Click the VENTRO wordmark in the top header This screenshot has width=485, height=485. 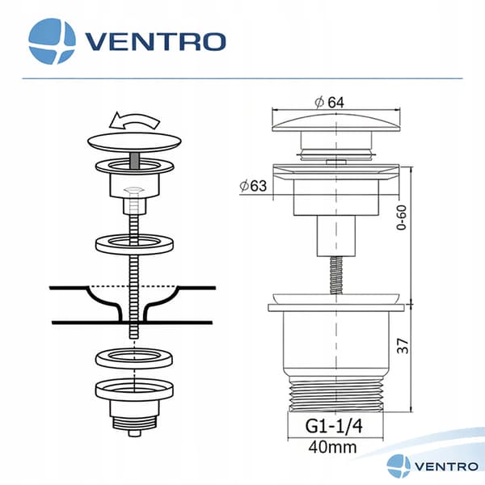point(155,41)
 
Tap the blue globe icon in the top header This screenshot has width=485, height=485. point(52,41)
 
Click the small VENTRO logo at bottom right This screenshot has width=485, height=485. point(432,466)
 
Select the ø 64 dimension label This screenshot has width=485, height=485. point(329,103)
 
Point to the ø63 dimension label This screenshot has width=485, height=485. point(253,186)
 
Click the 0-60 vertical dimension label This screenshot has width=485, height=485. point(402,217)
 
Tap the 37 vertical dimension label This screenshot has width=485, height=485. point(403,346)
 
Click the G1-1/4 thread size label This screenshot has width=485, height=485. point(334,426)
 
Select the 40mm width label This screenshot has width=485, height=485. point(332,447)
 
